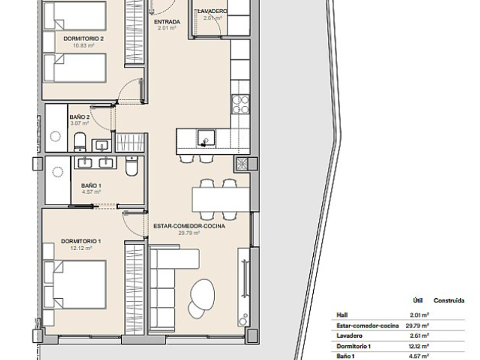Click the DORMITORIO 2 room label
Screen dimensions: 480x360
tap(83, 39)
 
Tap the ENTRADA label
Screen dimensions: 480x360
tap(167, 22)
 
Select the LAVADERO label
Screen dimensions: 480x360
tap(213, 11)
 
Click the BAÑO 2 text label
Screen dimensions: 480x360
tap(79, 117)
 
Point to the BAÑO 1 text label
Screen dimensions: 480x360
tap(91, 186)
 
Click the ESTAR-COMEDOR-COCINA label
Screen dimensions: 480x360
tap(189, 226)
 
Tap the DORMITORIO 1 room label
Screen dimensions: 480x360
tap(81, 241)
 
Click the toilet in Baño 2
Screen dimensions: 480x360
tap(80, 142)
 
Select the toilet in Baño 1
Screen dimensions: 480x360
tap(131, 166)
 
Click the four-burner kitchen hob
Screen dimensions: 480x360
tap(241, 104)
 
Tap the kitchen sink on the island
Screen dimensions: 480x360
tap(206, 138)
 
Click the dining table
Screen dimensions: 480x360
tap(221, 199)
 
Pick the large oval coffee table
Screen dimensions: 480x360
tap(202, 295)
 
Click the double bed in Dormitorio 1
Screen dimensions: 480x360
tap(75, 285)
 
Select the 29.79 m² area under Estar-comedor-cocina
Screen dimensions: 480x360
tap(189, 233)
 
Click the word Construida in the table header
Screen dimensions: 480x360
tap(449, 301)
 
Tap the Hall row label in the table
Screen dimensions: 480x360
tap(342, 315)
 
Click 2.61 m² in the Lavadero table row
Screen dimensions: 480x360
tap(419, 336)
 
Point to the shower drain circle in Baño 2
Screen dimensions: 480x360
tap(55, 136)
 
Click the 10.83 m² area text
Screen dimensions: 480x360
tap(83, 46)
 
